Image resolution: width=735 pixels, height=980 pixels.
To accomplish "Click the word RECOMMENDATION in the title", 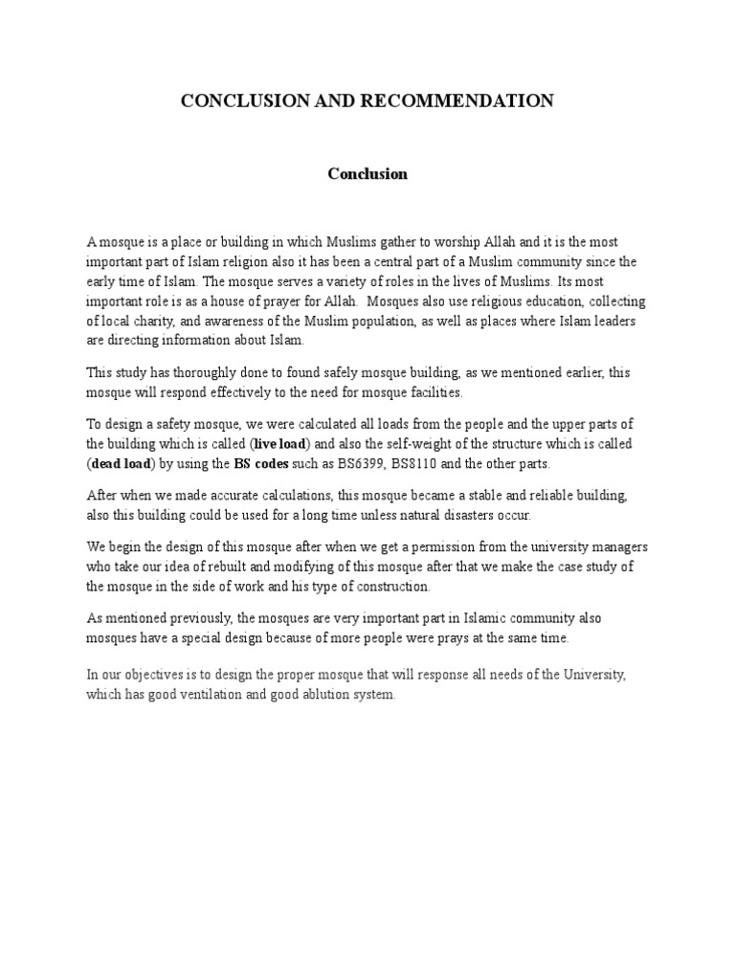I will coord(462,100).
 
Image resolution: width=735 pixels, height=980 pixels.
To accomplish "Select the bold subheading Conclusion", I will coord(367,174).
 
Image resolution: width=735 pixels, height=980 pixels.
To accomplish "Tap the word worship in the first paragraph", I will coord(496,243).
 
